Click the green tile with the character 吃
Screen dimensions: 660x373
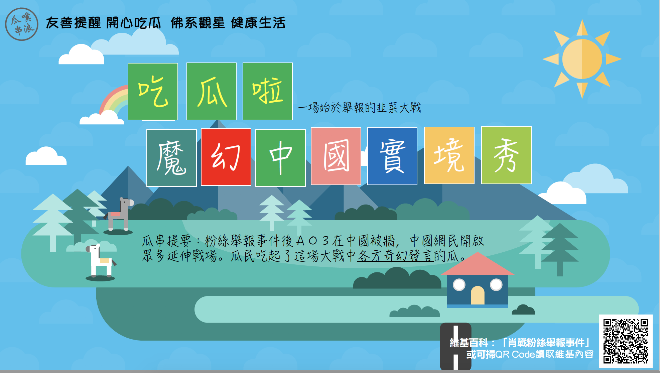pos(153,91)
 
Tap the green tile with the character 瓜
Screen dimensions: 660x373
pos(212,91)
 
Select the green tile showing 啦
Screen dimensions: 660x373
pos(268,91)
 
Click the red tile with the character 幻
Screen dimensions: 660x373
pos(226,157)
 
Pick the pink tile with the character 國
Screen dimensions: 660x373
pos(336,156)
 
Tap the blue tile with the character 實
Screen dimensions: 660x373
pos(392,156)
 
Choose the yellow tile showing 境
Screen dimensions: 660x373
pos(449,155)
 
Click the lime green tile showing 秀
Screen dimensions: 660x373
pos(506,155)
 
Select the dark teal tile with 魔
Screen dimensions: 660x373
pos(171,158)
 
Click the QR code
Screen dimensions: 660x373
pos(626,341)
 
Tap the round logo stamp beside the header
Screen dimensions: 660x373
pos(22,24)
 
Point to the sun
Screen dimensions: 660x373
pos(582,59)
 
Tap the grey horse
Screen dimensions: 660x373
pos(119,216)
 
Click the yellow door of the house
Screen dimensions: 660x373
pos(478,295)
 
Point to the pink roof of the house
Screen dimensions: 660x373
pos(478,264)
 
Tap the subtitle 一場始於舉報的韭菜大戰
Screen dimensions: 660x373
pos(359,108)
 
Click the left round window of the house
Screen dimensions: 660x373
pos(459,285)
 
